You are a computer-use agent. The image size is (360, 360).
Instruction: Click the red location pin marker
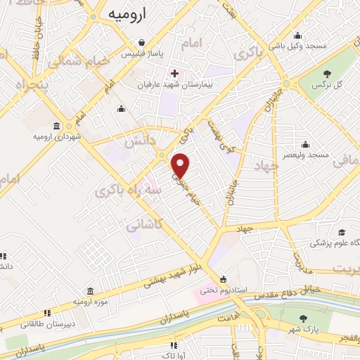click(x=181, y=165)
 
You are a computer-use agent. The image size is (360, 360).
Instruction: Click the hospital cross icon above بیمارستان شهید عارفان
click(x=174, y=73)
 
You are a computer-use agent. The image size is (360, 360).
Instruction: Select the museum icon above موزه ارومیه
click(x=91, y=292)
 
